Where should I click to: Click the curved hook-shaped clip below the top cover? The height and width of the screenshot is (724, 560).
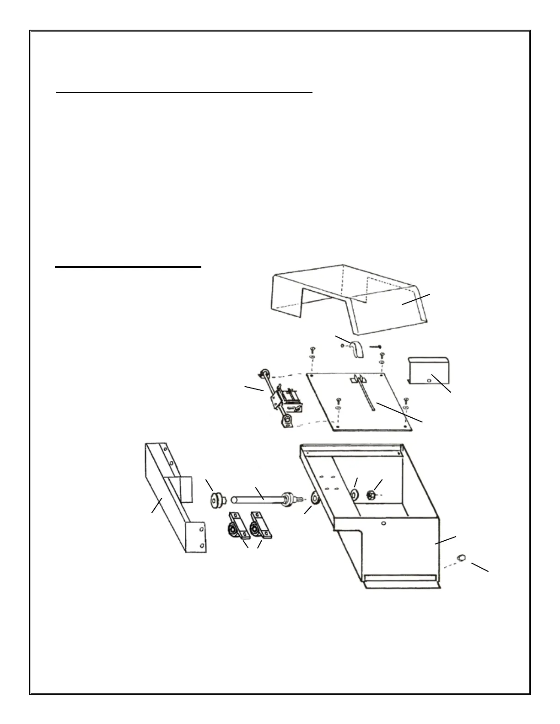pyautogui.click(x=356, y=348)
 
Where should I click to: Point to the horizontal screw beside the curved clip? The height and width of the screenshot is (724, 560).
pyautogui.click(x=375, y=346)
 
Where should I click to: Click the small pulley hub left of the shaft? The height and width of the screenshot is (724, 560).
pyautogui.click(x=214, y=500)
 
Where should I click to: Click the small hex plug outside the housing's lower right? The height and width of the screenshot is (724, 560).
pyautogui.click(x=462, y=558)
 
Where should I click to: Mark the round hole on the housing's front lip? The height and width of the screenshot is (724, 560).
pyautogui.click(x=384, y=523)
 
